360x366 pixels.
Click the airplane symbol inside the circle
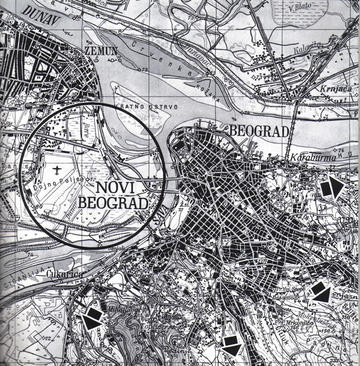[62, 171]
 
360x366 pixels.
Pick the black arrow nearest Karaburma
[331, 187]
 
